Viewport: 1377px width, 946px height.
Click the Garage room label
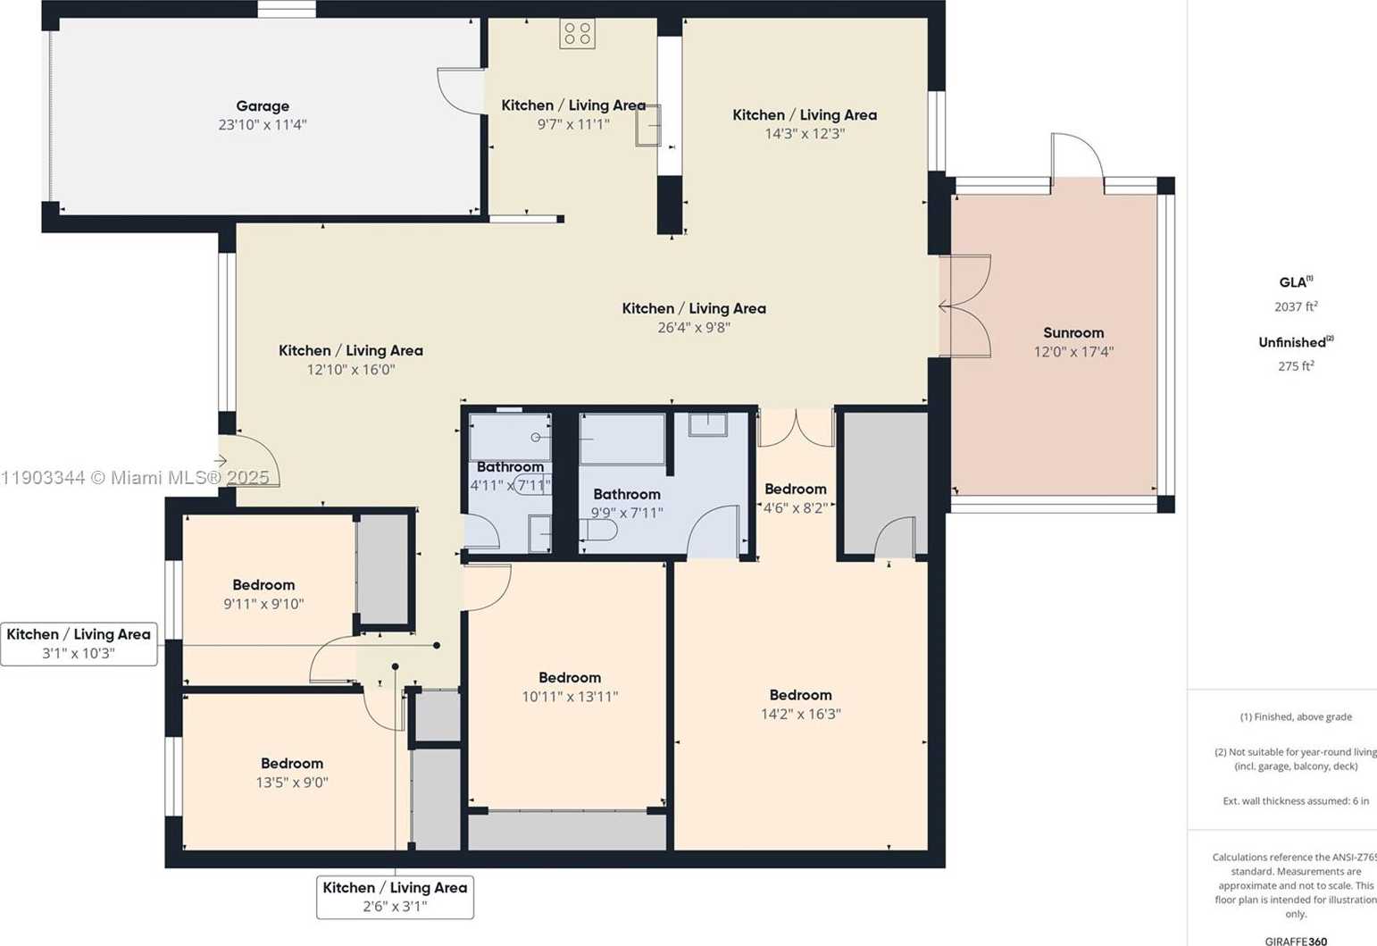[263, 106]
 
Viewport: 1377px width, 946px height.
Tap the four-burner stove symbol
[577, 34]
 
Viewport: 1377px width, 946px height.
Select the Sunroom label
[1073, 332]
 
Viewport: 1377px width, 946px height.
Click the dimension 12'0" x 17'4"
[1073, 352]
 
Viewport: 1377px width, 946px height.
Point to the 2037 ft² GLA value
[1296, 306]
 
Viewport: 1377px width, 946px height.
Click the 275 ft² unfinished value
[1296, 365]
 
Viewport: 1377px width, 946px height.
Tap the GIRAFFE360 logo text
[1296, 941]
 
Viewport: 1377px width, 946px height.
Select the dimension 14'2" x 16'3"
[800, 714]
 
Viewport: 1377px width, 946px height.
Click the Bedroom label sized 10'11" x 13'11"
[569, 677]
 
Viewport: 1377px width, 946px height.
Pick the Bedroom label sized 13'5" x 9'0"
[292, 763]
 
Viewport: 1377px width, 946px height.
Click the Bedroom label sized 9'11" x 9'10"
[263, 585]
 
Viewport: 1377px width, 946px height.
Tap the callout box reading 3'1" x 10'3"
[79, 644]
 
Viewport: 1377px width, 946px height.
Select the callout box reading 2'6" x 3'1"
[395, 897]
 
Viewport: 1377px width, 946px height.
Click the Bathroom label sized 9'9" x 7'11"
[627, 494]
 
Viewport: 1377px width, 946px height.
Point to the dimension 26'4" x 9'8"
[694, 327]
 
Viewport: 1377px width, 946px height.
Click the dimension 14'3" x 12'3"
[805, 134]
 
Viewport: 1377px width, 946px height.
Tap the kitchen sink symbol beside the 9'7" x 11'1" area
[648, 125]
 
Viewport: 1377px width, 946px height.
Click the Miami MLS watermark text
[135, 478]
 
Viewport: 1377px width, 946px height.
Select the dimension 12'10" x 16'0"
[351, 370]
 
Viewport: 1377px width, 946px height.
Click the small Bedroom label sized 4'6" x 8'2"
[795, 489]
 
